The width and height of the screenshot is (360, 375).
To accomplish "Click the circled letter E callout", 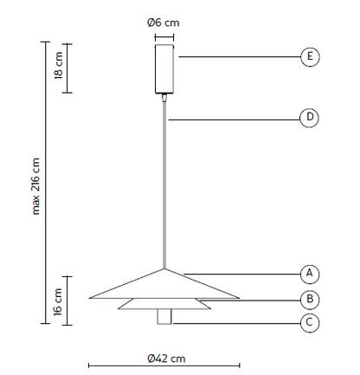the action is coord(310,56).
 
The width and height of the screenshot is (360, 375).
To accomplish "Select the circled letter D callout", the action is coord(309,118).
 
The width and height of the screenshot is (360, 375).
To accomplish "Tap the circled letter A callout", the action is coord(310,274).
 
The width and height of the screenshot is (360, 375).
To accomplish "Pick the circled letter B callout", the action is coord(310,299).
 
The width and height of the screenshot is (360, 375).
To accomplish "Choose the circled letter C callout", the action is coord(310,322).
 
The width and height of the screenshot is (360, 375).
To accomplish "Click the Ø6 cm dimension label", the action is coord(164,23).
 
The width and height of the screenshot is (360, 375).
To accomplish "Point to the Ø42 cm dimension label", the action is coord(166,359).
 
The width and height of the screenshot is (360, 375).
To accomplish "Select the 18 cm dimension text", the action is coord(58,65).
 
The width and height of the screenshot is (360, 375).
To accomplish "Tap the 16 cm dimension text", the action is coord(58,301).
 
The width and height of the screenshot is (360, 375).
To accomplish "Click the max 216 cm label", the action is coord(35,186).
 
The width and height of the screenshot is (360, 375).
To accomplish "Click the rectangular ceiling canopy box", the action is coord(164,68).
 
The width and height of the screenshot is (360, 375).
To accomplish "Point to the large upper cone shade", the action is coord(164,287).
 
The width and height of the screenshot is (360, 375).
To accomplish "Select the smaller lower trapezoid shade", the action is coord(164,304).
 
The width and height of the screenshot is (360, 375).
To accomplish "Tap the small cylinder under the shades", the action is coord(164,317).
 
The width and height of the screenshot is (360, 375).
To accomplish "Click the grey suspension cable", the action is coord(164,185).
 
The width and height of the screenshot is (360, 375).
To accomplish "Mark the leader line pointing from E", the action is coord(240,56).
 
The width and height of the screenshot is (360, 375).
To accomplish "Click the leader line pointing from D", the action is coord(235,120).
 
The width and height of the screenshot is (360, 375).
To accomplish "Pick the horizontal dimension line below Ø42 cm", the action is coord(164,365).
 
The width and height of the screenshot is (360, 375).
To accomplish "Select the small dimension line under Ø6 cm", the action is coord(164,37).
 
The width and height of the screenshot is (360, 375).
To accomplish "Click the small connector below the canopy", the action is coord(164,98).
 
